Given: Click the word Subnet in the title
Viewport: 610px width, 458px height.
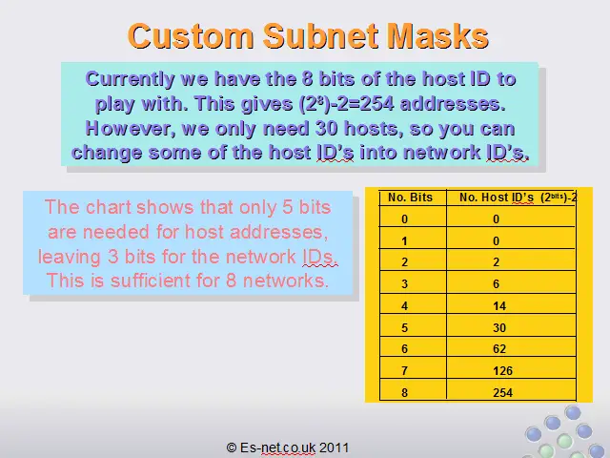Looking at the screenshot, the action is click(321, 36).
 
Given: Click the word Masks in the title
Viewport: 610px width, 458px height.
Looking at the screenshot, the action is click(438, 36).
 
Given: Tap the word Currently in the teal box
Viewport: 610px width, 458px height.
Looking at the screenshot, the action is click(130, 80).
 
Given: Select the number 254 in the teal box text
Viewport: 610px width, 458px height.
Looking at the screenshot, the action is click(376, 104).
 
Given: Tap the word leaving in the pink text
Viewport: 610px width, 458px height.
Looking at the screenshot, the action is click(69, 258).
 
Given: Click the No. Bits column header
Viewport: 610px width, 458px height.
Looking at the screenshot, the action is click(410, 198).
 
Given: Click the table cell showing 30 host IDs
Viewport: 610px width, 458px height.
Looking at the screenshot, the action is click(499, 327).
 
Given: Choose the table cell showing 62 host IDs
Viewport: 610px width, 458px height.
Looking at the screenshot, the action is click(499, 348).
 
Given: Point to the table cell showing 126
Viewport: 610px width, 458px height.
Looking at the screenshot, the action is click(502, 370).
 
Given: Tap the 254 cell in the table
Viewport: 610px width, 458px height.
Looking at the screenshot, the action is click(502, 392).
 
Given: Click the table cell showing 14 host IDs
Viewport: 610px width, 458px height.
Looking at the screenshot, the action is click(499, 305).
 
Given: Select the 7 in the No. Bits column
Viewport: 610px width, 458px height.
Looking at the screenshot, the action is click(404, 370).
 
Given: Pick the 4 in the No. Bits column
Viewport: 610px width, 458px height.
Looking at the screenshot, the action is click(404, 305).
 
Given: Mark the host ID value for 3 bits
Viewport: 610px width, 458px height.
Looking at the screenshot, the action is click(496, 283).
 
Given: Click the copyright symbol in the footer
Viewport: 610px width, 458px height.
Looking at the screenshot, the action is click(232, 448).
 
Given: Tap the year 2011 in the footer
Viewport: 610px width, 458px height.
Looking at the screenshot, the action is click(334, 448).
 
